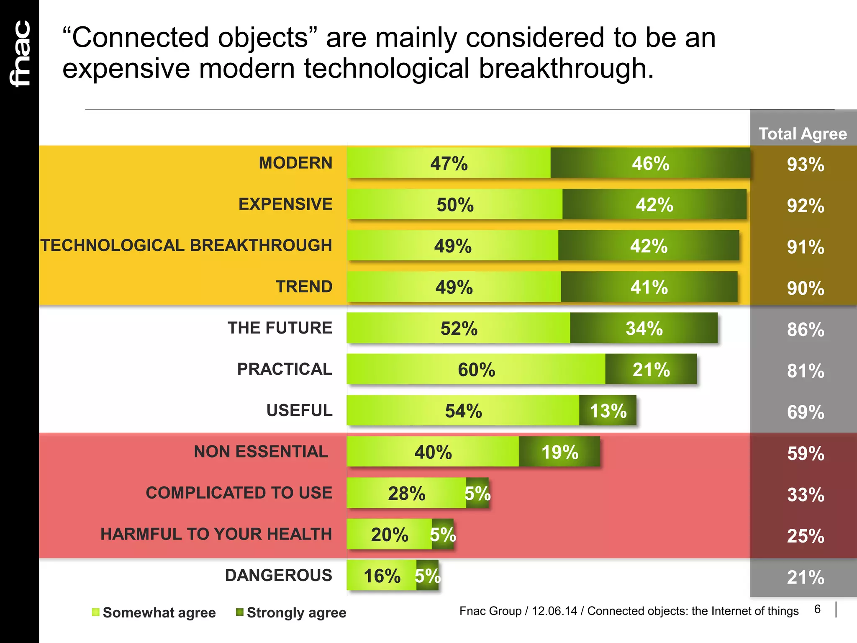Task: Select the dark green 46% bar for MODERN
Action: pos(650,163)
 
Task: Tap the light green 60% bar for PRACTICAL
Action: pos(476,369)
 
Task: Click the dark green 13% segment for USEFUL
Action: pos(608,411)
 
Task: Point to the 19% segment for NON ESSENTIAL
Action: pos(559,452)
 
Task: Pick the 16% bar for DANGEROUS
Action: pos(382,576)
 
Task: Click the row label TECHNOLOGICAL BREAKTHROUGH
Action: pos(187,245)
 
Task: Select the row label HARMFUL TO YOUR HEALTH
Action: pos(216,534)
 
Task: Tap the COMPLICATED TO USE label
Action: pos(239,493)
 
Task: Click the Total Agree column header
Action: pos(803,134)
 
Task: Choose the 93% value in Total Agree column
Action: pos(805,164)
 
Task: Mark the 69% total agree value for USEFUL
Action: pos(805,412)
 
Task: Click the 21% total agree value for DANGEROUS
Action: pos(805,577)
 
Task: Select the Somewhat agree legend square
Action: pos(96,612)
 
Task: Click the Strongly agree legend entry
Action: pos(296,612)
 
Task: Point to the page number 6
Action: pos(817,609)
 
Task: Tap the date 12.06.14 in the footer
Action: pos(554,611)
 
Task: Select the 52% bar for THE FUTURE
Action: pos(459,328)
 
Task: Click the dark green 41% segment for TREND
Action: pos(649,287)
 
